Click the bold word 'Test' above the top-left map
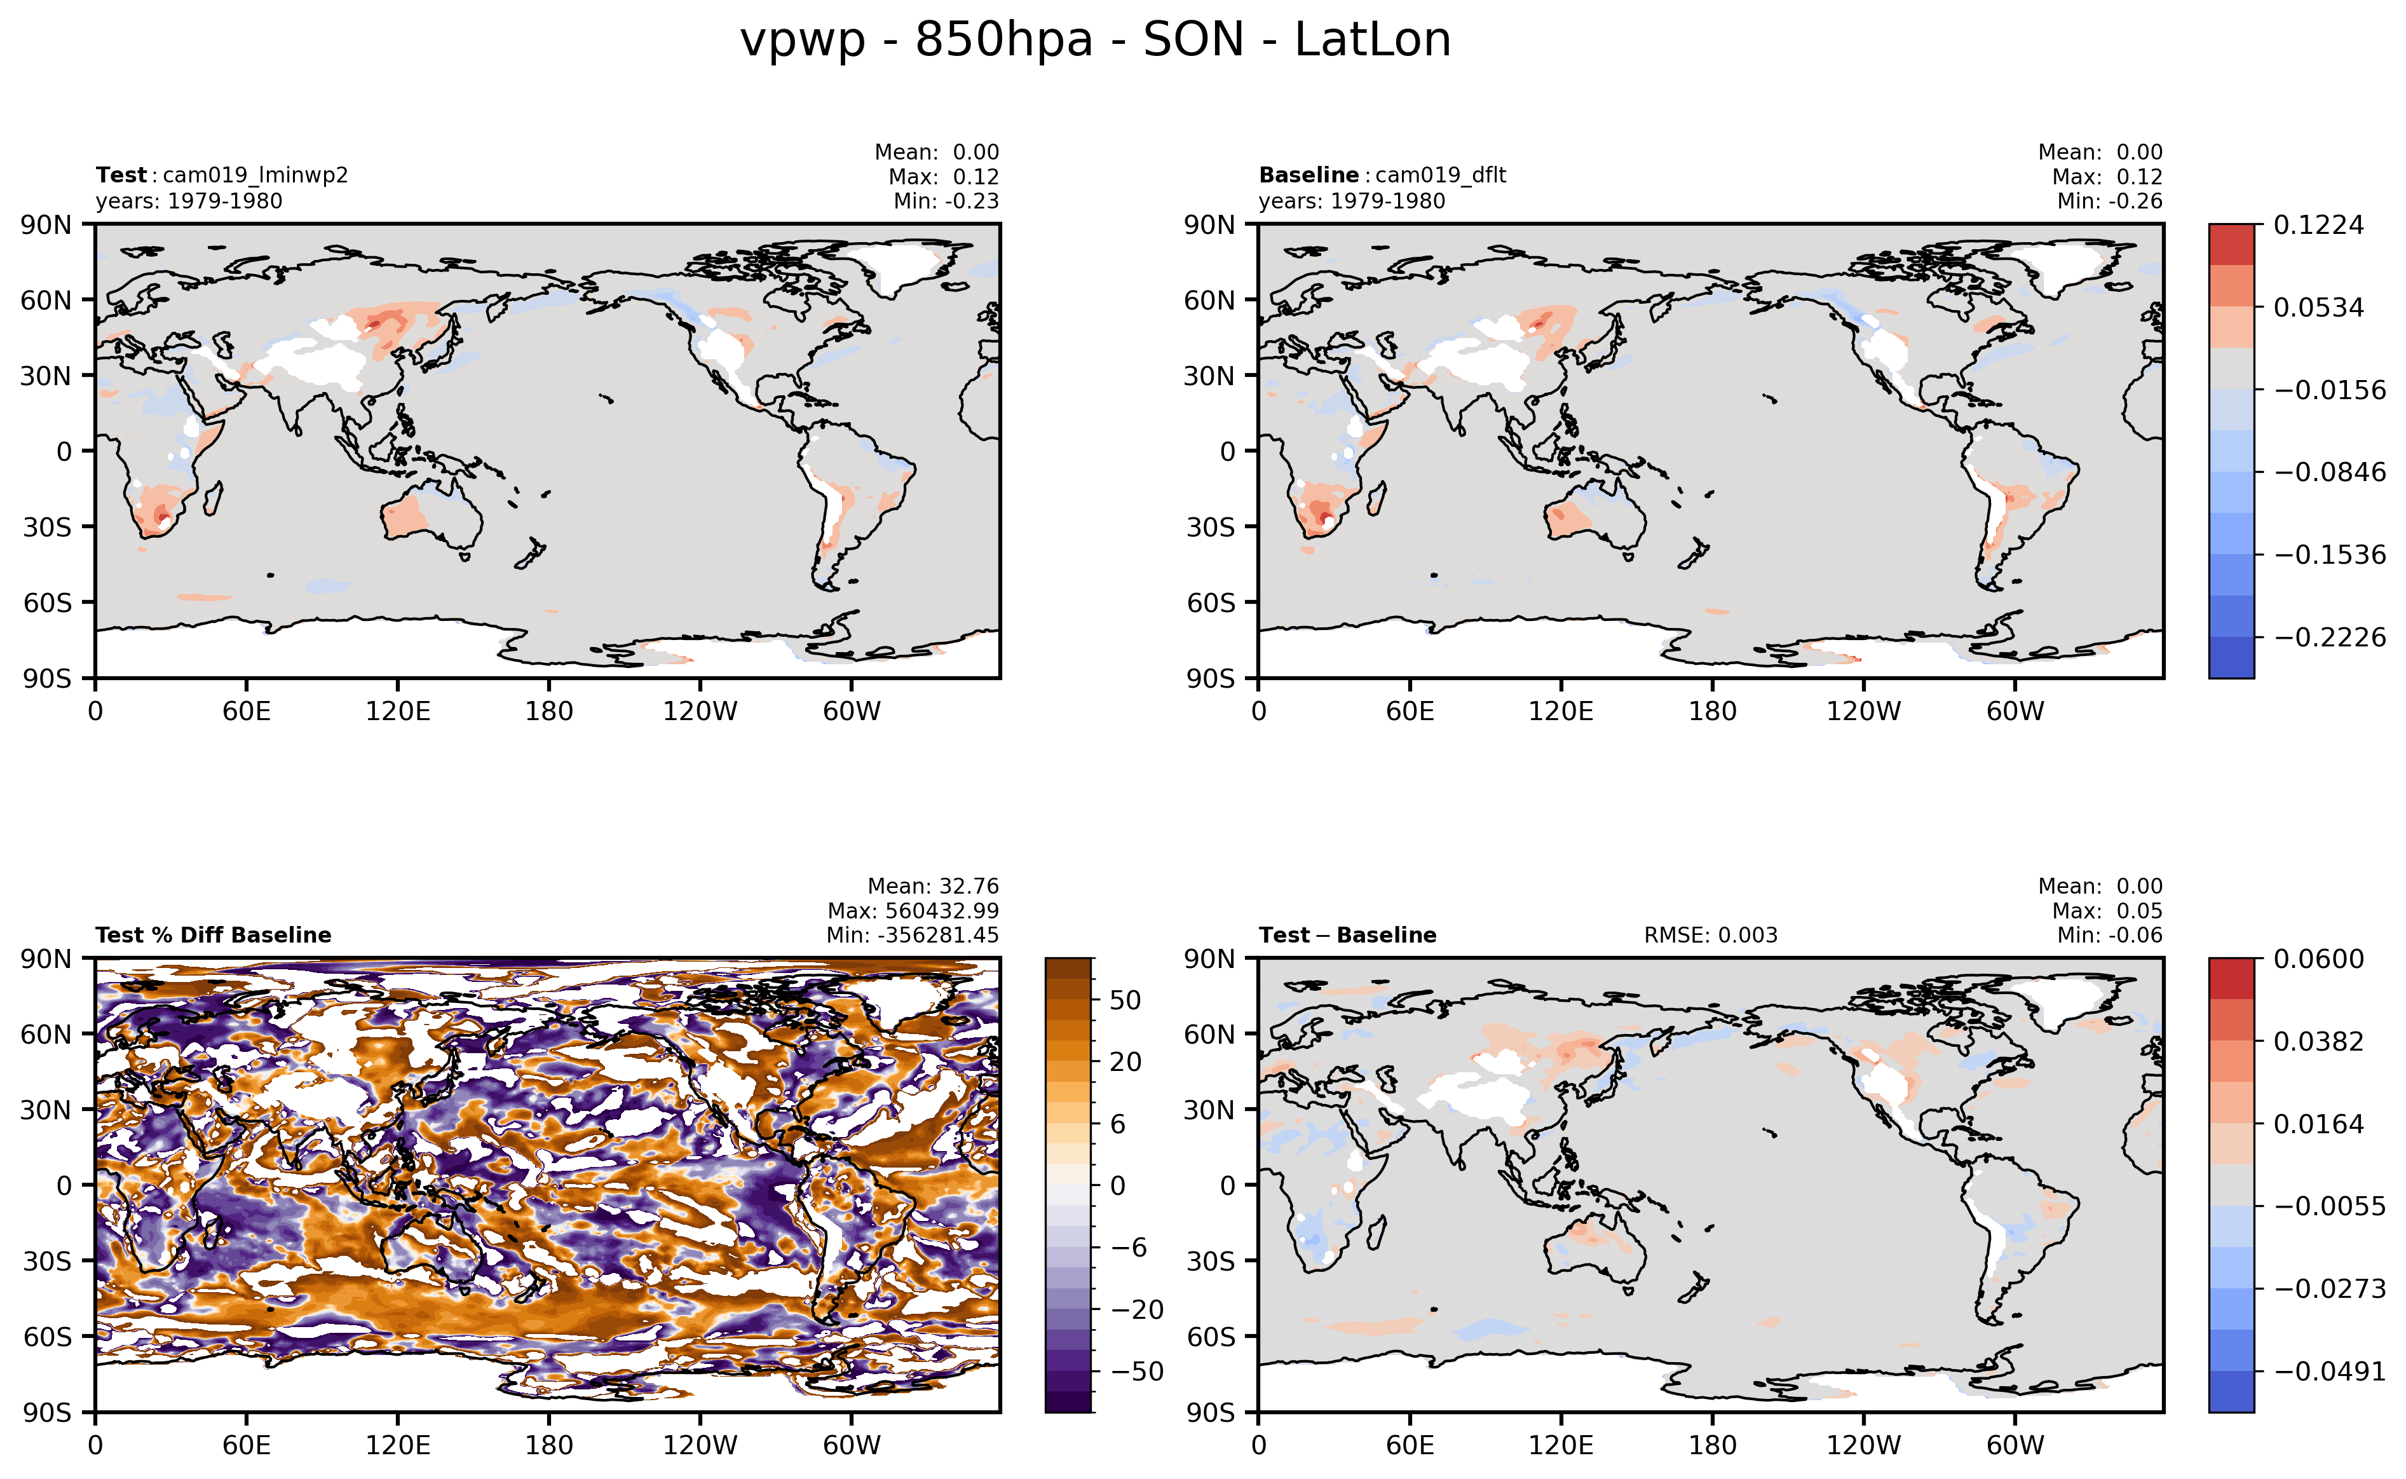point(120,175)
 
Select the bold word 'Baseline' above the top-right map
point(1308,175)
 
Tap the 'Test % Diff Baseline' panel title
point(214,935)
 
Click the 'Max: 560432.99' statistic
point(913,911)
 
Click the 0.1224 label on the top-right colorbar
point(2318,225)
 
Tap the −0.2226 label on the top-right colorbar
point(2328,637)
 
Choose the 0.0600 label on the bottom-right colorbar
point(2318,958)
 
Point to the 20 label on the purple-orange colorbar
point(1125,1061)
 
